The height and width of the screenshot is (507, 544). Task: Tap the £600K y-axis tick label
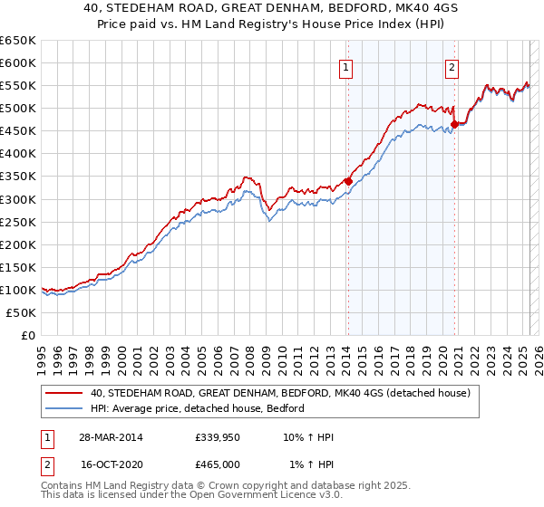click(x=17, y=63)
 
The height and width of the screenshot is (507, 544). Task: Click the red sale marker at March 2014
click(x=347, y=181)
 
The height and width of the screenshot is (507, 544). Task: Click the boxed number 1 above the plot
click(x=346, y=65)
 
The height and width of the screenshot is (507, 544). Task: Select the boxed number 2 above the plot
click(x=452, y=65)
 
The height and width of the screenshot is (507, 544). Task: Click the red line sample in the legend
click(x=64, y=394)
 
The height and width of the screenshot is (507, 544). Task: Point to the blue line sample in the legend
click(x=64, y=408)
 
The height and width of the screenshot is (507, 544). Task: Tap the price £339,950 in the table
click(x=216, y=437)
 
